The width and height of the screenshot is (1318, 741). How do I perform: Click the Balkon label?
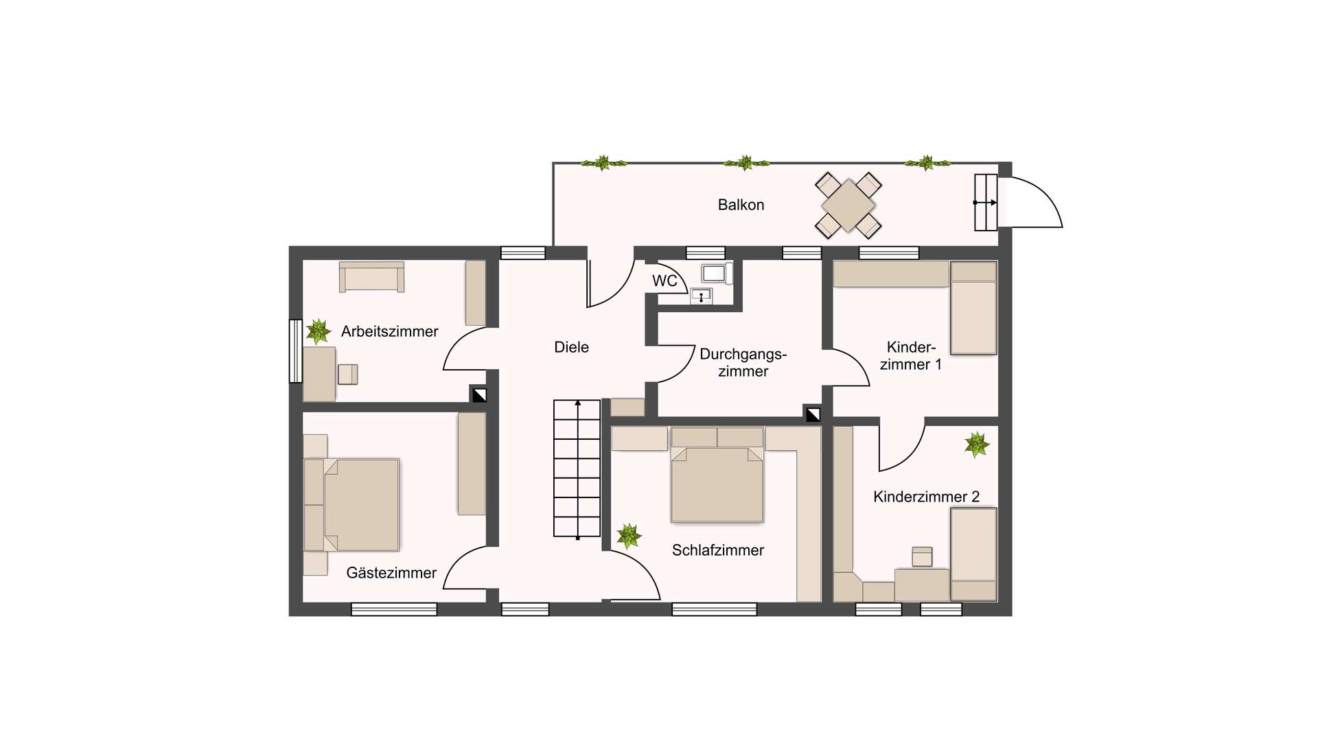(741, 204)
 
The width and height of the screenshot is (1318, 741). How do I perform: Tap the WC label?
(664, 281)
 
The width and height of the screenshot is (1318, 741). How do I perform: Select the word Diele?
(571, 347)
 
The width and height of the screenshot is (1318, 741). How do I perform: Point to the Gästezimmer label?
(391, 573)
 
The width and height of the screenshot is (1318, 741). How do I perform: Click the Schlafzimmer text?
(717, 550)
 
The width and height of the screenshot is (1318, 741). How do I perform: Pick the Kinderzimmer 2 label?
(926, 497)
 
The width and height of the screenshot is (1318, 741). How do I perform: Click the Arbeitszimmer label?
(389, 331)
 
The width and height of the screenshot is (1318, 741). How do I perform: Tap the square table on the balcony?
(848, 204)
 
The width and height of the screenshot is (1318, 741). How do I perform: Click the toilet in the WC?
(715, 273)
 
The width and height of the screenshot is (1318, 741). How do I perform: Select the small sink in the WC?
(701, 296)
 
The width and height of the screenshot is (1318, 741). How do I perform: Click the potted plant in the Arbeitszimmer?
(318, 331)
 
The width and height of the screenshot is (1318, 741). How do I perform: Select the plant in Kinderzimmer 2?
(976, 445)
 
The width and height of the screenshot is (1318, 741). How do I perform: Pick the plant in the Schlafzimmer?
(629, 536)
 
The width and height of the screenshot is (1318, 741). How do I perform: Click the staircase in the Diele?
(577, 469)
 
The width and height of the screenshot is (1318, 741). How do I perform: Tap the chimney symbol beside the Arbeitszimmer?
(479, 395)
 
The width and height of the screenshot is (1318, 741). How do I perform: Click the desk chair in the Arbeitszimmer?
(348, 374)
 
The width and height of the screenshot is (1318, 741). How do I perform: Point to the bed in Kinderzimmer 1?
(973, 308)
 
